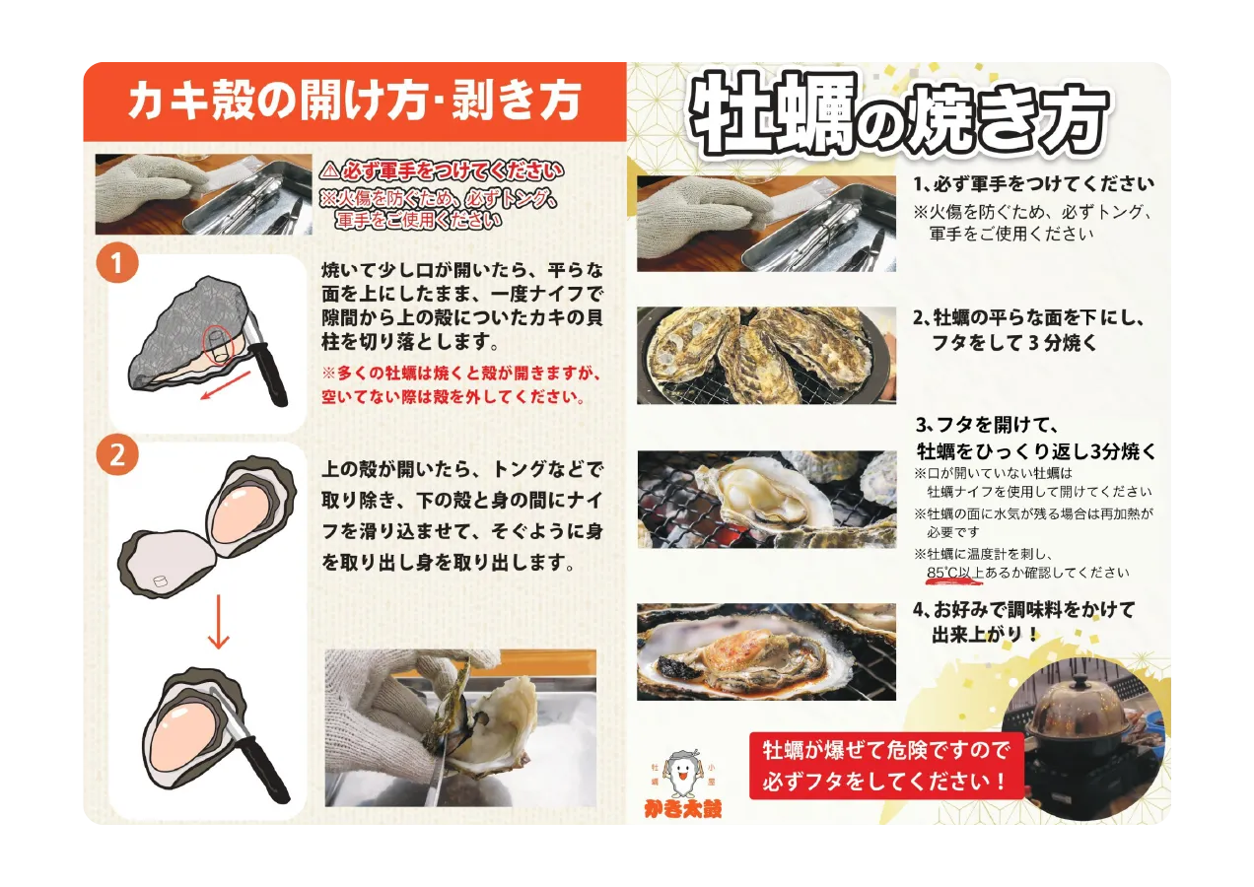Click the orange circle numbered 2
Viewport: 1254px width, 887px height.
(117, 454)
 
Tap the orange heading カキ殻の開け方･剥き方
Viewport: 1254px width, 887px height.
(354, 101)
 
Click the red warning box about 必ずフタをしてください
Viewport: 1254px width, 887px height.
(886, 766)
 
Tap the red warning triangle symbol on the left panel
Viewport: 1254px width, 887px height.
(329, 170)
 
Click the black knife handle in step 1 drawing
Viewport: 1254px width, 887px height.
(270, 368)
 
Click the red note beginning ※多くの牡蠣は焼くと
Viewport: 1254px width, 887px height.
(460, 386)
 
